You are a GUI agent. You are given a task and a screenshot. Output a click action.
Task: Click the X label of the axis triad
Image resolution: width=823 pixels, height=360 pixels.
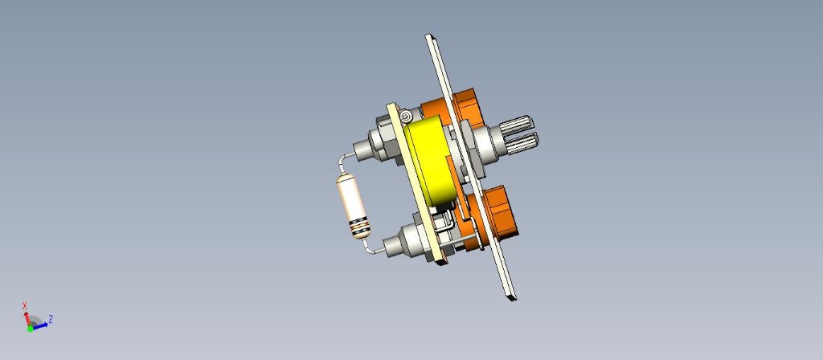[25, 305]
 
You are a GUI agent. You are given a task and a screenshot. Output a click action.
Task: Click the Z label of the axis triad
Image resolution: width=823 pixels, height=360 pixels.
[51, 318]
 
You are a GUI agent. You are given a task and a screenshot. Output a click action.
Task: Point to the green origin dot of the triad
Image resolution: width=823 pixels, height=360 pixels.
[31, 329]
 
